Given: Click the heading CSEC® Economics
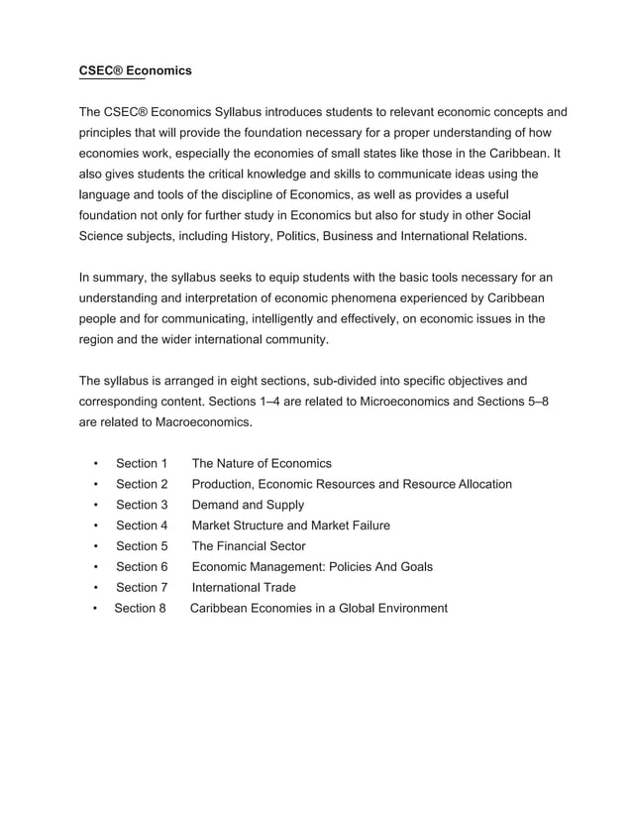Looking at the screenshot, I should click(x=135, y=71).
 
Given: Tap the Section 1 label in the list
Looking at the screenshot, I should click(x=142, y=463).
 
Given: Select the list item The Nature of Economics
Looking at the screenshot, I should click(x=262, y=463).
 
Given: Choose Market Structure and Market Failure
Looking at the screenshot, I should click(x=290, y=526).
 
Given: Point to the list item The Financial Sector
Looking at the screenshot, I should click(x=249, y=546).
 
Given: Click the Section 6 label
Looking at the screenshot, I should click(x=142, y=567).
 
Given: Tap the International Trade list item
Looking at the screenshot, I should click(x=244, y=587).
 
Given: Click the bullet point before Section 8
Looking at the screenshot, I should click(x=93, y=608).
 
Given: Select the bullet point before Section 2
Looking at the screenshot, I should click(x=95, y=484).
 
